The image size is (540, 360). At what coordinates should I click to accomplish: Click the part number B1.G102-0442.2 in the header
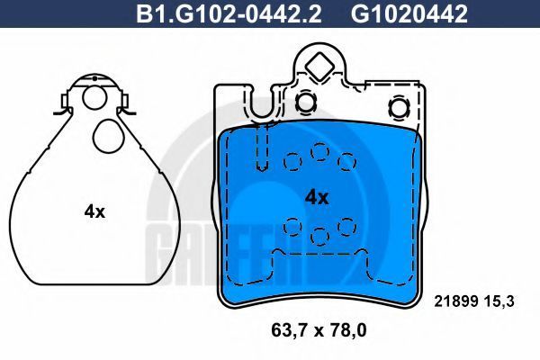click(x=229, y=14)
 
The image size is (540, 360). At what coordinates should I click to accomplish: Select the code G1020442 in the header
click(x=409, y=14)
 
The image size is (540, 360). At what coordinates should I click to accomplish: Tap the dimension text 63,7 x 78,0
click(x=319, y=330)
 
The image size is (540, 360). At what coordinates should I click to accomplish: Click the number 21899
click(x=455, y=301)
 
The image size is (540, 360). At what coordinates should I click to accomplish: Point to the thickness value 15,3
click(x=499, y=301)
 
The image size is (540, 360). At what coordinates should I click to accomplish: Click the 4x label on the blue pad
click(x=317, y=198)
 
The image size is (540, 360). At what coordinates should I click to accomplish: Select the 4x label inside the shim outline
click(x=94, y=211)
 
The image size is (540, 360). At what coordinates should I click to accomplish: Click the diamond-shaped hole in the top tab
click(x=319, y=67)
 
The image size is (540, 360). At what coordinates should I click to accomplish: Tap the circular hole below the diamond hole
click(x=305, y=102)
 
